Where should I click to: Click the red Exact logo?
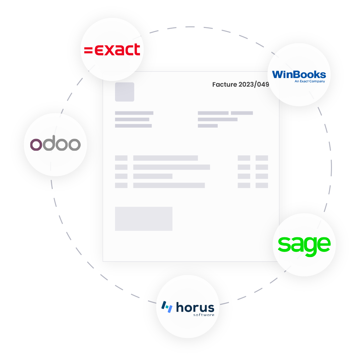(112, 50)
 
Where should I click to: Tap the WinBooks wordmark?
(299, 75)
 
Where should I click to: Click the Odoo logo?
(55, 143)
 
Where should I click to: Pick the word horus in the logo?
(195, 307)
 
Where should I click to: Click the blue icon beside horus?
(167, 307)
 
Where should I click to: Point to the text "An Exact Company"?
(310, 81)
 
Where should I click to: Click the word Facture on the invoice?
(225, 84)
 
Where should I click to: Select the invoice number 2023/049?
(254, 84)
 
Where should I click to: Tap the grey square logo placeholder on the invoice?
(125, 92)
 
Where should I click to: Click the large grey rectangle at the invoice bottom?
(144, 219)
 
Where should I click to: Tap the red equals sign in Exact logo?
(88, 50)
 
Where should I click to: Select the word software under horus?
(204, 315)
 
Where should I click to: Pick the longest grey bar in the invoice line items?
(172, 167)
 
